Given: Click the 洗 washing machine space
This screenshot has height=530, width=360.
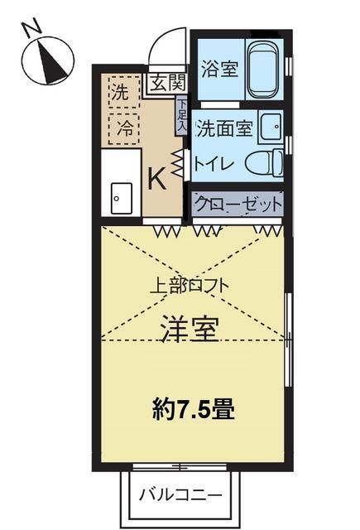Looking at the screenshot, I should (x=122, y=94).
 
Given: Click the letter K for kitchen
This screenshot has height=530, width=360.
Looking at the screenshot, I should (x=156, y=177).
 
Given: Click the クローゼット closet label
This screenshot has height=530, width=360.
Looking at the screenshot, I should (x=238, y=203).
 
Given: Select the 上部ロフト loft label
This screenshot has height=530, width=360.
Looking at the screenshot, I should (x=189, y=286).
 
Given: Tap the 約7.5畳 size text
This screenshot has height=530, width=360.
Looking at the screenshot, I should (x=192, y=408).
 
